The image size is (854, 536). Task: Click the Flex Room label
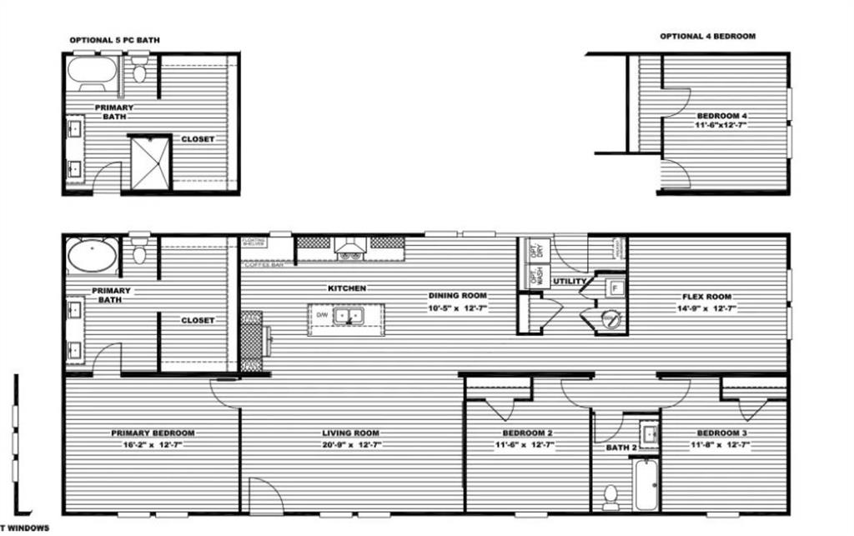706,297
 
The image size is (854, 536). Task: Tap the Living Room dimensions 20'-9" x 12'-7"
350,445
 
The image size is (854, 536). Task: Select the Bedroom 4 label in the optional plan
722,115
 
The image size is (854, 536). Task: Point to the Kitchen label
347,288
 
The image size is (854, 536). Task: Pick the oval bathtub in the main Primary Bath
92,256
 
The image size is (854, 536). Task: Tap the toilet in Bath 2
610,497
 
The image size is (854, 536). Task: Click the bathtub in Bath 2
646,484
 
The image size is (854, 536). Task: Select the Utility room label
570,282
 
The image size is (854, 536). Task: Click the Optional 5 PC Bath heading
114,39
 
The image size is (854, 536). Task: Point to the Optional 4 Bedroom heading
708,37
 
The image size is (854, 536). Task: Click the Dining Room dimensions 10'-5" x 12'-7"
457,308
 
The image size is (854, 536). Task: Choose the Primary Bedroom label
153,433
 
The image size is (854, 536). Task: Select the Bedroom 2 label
528,433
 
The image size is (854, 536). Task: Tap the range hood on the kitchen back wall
350,245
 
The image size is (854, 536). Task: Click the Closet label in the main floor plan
198,320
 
